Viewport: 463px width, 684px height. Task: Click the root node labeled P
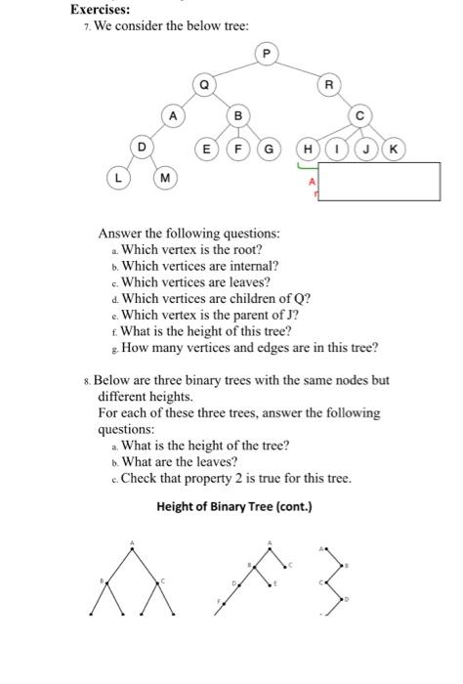pyautogui.click(x=266, y=53)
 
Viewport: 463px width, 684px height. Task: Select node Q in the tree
pyautogui.click(x=203, y=85)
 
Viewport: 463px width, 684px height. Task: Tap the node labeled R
pyautogui.click(x=329, y=85)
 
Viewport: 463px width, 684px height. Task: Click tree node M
pyautogui.click(x=165, y=179)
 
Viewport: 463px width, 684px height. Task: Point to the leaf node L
pyautogui.click(x=118, y=179)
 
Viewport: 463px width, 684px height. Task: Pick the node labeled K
pyautogui.click(x=393, y=149)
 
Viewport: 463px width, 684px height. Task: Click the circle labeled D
pyautogui.click(x=142, y=148)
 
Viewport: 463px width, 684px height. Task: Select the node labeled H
pyautogui.click(x=308, y=149)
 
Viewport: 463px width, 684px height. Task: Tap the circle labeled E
pyautogui.click(x=206, y=149)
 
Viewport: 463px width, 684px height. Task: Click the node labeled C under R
pyautogui.click(x=360, y=116)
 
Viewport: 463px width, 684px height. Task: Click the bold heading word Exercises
pyautogui.click(x=100, y=9)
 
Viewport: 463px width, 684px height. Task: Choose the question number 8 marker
pyautogui.click(x=89, y=380)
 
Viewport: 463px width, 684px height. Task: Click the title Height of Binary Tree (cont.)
pyautogui.click(x=233, y=507)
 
